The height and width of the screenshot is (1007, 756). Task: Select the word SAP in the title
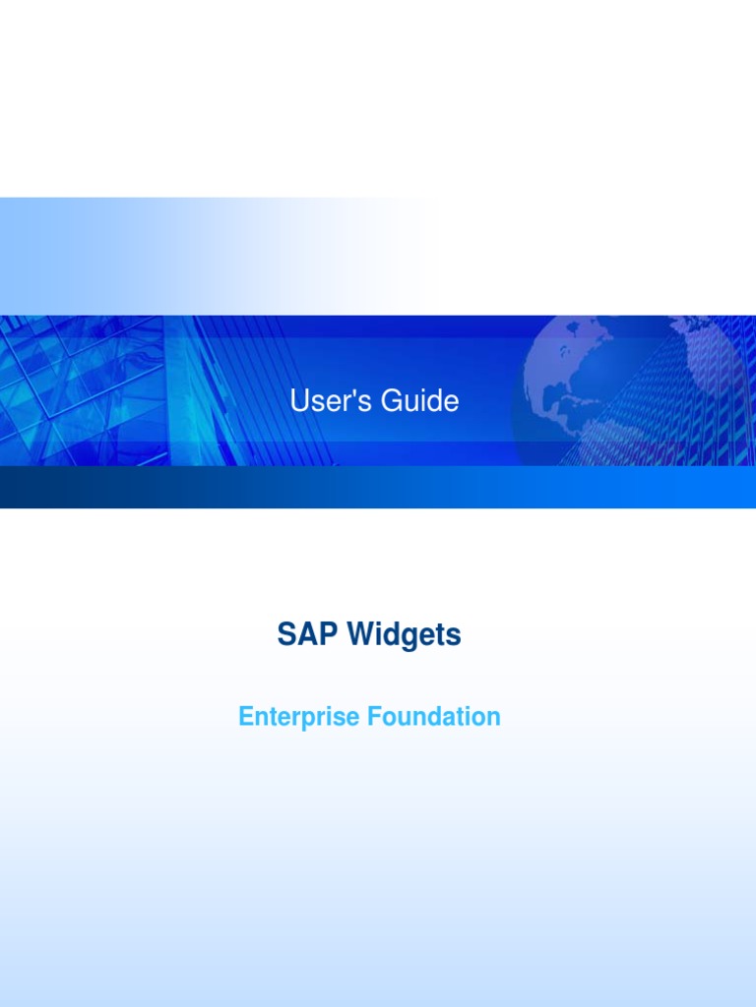(x=301, y=635)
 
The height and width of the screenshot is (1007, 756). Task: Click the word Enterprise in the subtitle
(x=298, y=717)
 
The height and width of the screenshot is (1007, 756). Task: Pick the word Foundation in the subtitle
(x=434, y=717)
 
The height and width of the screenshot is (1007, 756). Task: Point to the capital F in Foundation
(x=374, y=717)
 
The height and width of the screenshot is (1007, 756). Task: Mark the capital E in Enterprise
(x=245, y=717)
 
